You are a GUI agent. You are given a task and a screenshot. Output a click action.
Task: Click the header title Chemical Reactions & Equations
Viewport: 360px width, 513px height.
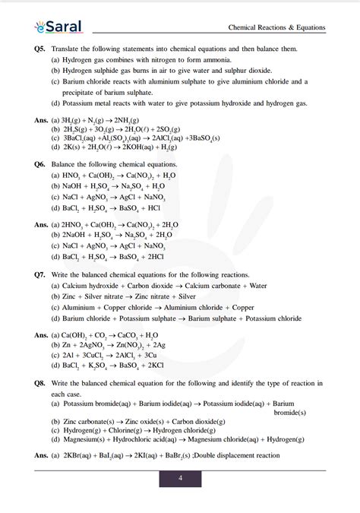[276, 28]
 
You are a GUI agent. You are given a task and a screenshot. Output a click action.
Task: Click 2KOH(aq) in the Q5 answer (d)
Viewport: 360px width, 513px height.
[131, 147]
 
